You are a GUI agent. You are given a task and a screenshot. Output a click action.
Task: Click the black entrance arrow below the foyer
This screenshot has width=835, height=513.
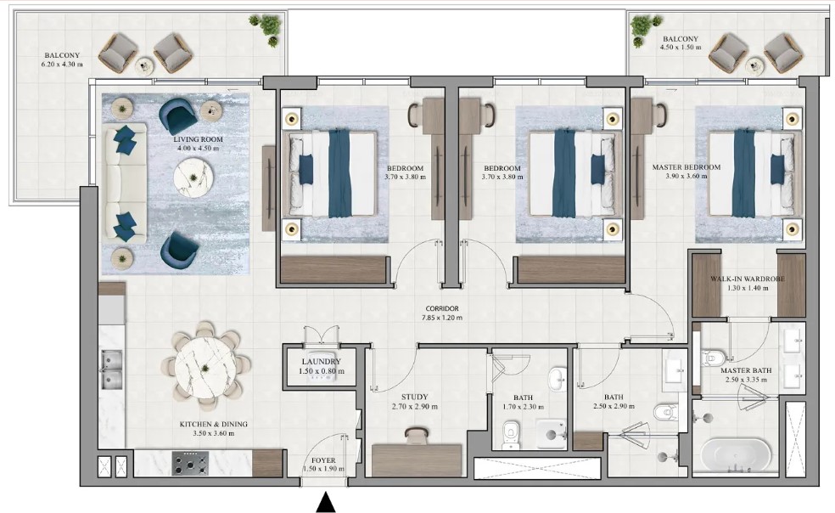coord(326,503)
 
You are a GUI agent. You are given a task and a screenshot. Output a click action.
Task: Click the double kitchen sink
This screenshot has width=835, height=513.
coord(111,370)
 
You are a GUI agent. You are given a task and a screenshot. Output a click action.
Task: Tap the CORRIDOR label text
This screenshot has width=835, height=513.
coord(441,309)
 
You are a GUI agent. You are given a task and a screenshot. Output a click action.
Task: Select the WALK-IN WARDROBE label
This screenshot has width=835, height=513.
coord(747,279)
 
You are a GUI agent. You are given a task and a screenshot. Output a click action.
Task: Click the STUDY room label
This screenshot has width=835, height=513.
coord(415,397)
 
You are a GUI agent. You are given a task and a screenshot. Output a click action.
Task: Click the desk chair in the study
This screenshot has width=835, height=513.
coord(417,436)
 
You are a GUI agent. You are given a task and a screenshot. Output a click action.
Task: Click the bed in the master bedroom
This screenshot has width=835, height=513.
coord(747,173)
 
